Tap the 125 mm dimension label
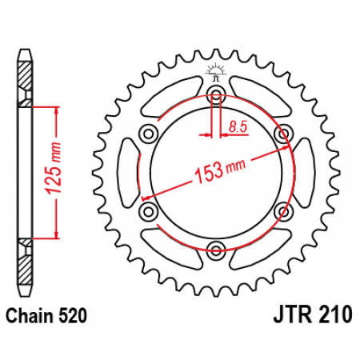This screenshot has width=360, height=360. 53,168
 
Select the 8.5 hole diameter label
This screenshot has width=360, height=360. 238,127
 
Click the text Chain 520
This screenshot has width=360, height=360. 46,316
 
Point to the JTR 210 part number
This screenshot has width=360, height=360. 313,314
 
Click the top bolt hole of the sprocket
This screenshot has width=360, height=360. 216,93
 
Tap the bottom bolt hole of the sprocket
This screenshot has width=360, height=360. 216,250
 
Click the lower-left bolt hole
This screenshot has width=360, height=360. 148,210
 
